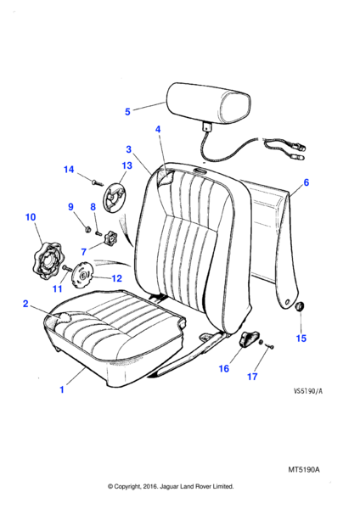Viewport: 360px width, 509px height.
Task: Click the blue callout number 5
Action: [x=127, y=112]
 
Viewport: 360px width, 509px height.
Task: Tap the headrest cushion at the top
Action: [x=209, y=103]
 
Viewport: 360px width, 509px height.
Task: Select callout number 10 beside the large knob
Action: [x=31, y=217]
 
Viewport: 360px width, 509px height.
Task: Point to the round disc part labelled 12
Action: [x=82, y=275]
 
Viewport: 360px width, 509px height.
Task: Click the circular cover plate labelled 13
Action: [x=114, y=198]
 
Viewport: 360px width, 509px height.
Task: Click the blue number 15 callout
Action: [x=301, y=338]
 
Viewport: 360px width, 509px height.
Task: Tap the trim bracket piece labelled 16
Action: [x=249, y=338]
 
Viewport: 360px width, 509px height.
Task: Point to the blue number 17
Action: [x=252, y=377]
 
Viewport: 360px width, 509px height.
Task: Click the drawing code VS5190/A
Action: [x=308, y=391]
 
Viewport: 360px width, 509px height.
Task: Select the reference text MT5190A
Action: [x=304, y=469]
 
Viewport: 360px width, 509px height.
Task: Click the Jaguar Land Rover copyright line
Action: [x=171, y=487]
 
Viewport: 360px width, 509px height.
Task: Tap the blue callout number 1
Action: [x=62, y=389]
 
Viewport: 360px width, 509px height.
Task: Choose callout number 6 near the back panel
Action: [x=306, y=182]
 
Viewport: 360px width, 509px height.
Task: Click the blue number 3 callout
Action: [x=129, y=149]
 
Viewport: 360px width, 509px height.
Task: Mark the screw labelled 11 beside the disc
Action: [x=67, y=268]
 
